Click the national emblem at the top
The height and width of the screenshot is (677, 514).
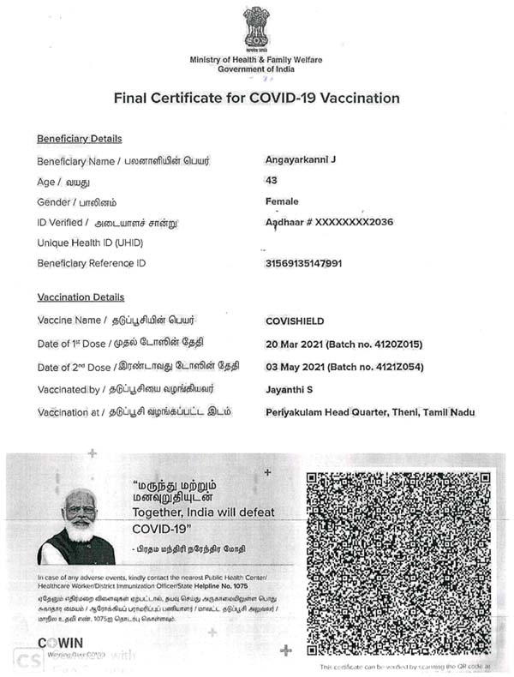click(256, 29)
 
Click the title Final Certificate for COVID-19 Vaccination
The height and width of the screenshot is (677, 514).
click(256, 98)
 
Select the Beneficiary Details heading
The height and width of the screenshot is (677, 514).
click(79, 139)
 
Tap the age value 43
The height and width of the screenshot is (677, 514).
click(272, 181)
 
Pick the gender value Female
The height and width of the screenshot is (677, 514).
click(283, 201)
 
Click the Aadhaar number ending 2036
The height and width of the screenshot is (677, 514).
click(329, 222)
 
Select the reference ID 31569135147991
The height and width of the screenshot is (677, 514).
click(304, 263)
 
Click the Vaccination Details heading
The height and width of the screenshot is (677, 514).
click(81, 297)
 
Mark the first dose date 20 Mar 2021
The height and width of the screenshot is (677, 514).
click(299, 344)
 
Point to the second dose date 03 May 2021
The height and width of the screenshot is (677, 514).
click(300, 367)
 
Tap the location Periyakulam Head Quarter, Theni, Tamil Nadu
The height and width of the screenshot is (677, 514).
click(370, 412)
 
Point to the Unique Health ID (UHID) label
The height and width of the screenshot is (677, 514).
click(90, 243)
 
